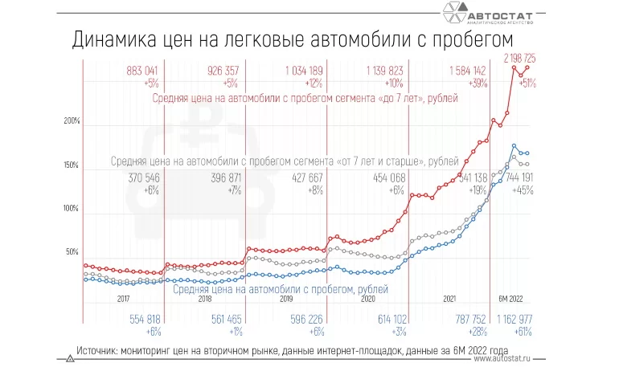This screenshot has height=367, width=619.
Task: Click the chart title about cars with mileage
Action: tap(293, 40)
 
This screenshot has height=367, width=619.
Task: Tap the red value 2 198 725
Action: tap(526, 59)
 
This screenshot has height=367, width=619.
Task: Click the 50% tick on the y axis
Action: tap(72, 252)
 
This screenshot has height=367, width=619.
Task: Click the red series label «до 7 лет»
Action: tap(305, 98)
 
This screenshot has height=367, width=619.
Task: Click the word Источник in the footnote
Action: tap(101, 350)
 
